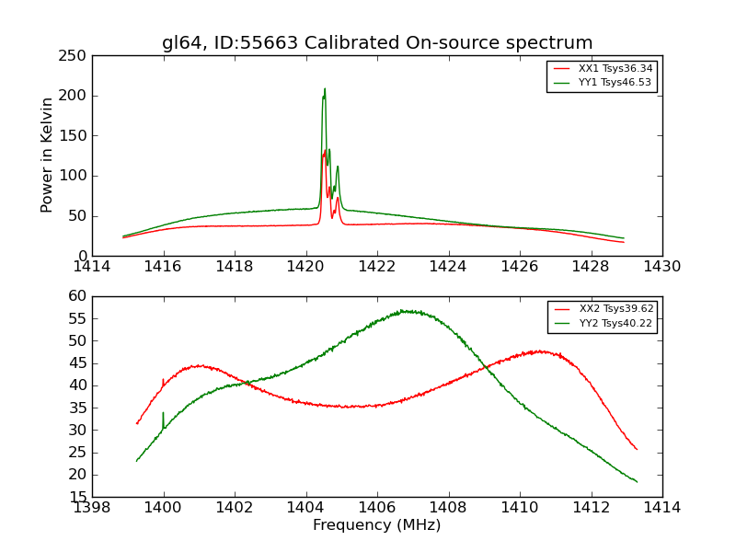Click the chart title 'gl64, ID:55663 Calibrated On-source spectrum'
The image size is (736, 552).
click(x=377, y=43)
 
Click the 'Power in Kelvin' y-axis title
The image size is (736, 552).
click(x=48, y=155)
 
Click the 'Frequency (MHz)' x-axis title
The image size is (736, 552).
click(x=377, y=525)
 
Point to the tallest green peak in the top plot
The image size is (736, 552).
click(x=325, y=89)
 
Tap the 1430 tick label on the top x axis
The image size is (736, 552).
click(x=662, y=266)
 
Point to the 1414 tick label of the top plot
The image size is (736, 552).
click(x=92, y=266)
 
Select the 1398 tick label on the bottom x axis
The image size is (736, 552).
click(x=92, y=507)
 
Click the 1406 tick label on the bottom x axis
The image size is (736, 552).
click(x=377, y=507)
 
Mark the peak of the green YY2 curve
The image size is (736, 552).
click(x=405, y=311)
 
